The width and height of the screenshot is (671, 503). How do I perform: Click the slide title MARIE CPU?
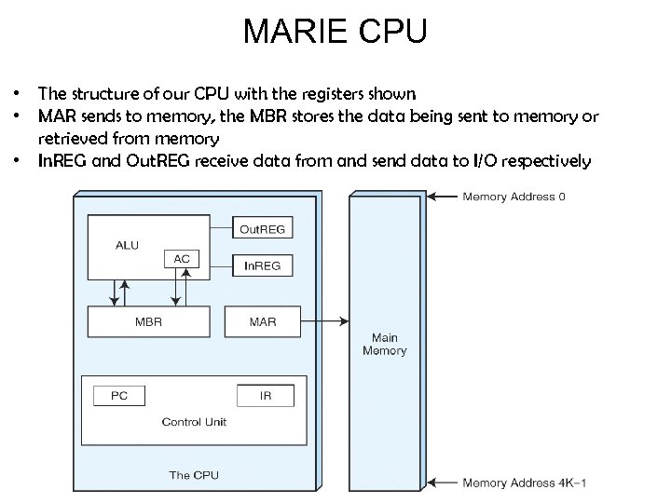click(x=335, y=32)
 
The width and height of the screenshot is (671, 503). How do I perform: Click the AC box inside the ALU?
click(x=183, y=260)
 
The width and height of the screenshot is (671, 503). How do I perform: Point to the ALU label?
click(x=128, y=245)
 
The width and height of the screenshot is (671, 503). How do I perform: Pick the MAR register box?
click(x=263, y=321)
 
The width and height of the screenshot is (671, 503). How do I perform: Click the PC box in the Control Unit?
click(x=118, y=395)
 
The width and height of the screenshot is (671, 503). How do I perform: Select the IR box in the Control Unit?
click(x=266, y=395)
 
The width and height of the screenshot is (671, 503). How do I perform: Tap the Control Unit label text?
click(x=194, y=422)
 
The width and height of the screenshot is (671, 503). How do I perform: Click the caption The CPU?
click(x=194, y=475)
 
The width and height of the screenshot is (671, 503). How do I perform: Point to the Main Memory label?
click(x=384, y=344)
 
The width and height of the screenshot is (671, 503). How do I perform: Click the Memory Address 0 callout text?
click(x=514, y=197)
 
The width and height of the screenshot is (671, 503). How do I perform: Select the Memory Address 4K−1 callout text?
click(x=525, y=483)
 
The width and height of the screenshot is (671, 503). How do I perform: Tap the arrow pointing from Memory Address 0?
click(x=445, y=197)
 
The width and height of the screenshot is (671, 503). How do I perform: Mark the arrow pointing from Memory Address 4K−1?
click(x=445, y=483)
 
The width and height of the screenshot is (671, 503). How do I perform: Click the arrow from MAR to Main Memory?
click(x=326, y=321)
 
